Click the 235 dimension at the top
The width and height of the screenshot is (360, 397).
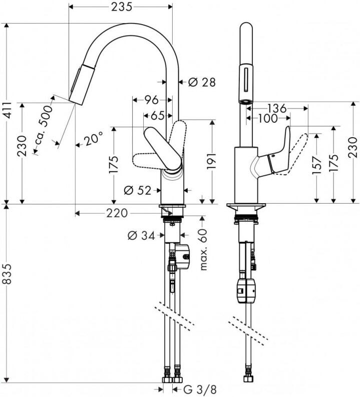(x=120, y=7)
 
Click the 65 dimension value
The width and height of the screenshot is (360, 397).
(x=157, y=116)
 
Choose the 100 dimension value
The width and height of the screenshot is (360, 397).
(x=268, y=119)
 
